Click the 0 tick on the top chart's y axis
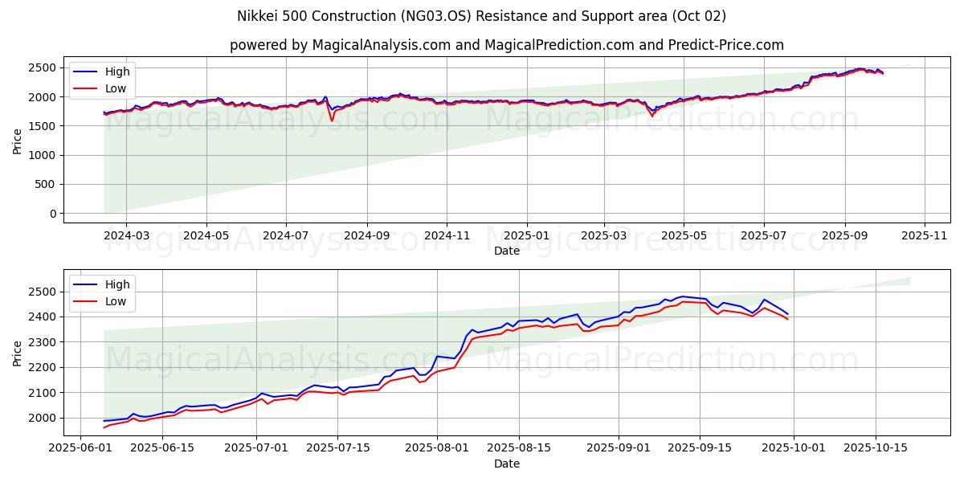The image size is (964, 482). coord(53,214)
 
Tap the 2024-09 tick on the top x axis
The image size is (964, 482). coord(366,236)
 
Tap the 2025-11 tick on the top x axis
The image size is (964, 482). coord(925,236)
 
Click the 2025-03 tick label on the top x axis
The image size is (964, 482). coord(603,236)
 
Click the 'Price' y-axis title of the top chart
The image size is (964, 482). coord(18,141)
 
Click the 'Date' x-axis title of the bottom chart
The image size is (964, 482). coord(506,464)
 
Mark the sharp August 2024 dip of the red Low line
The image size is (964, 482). coord(332,120)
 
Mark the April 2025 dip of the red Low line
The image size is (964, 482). coord(652,116)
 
